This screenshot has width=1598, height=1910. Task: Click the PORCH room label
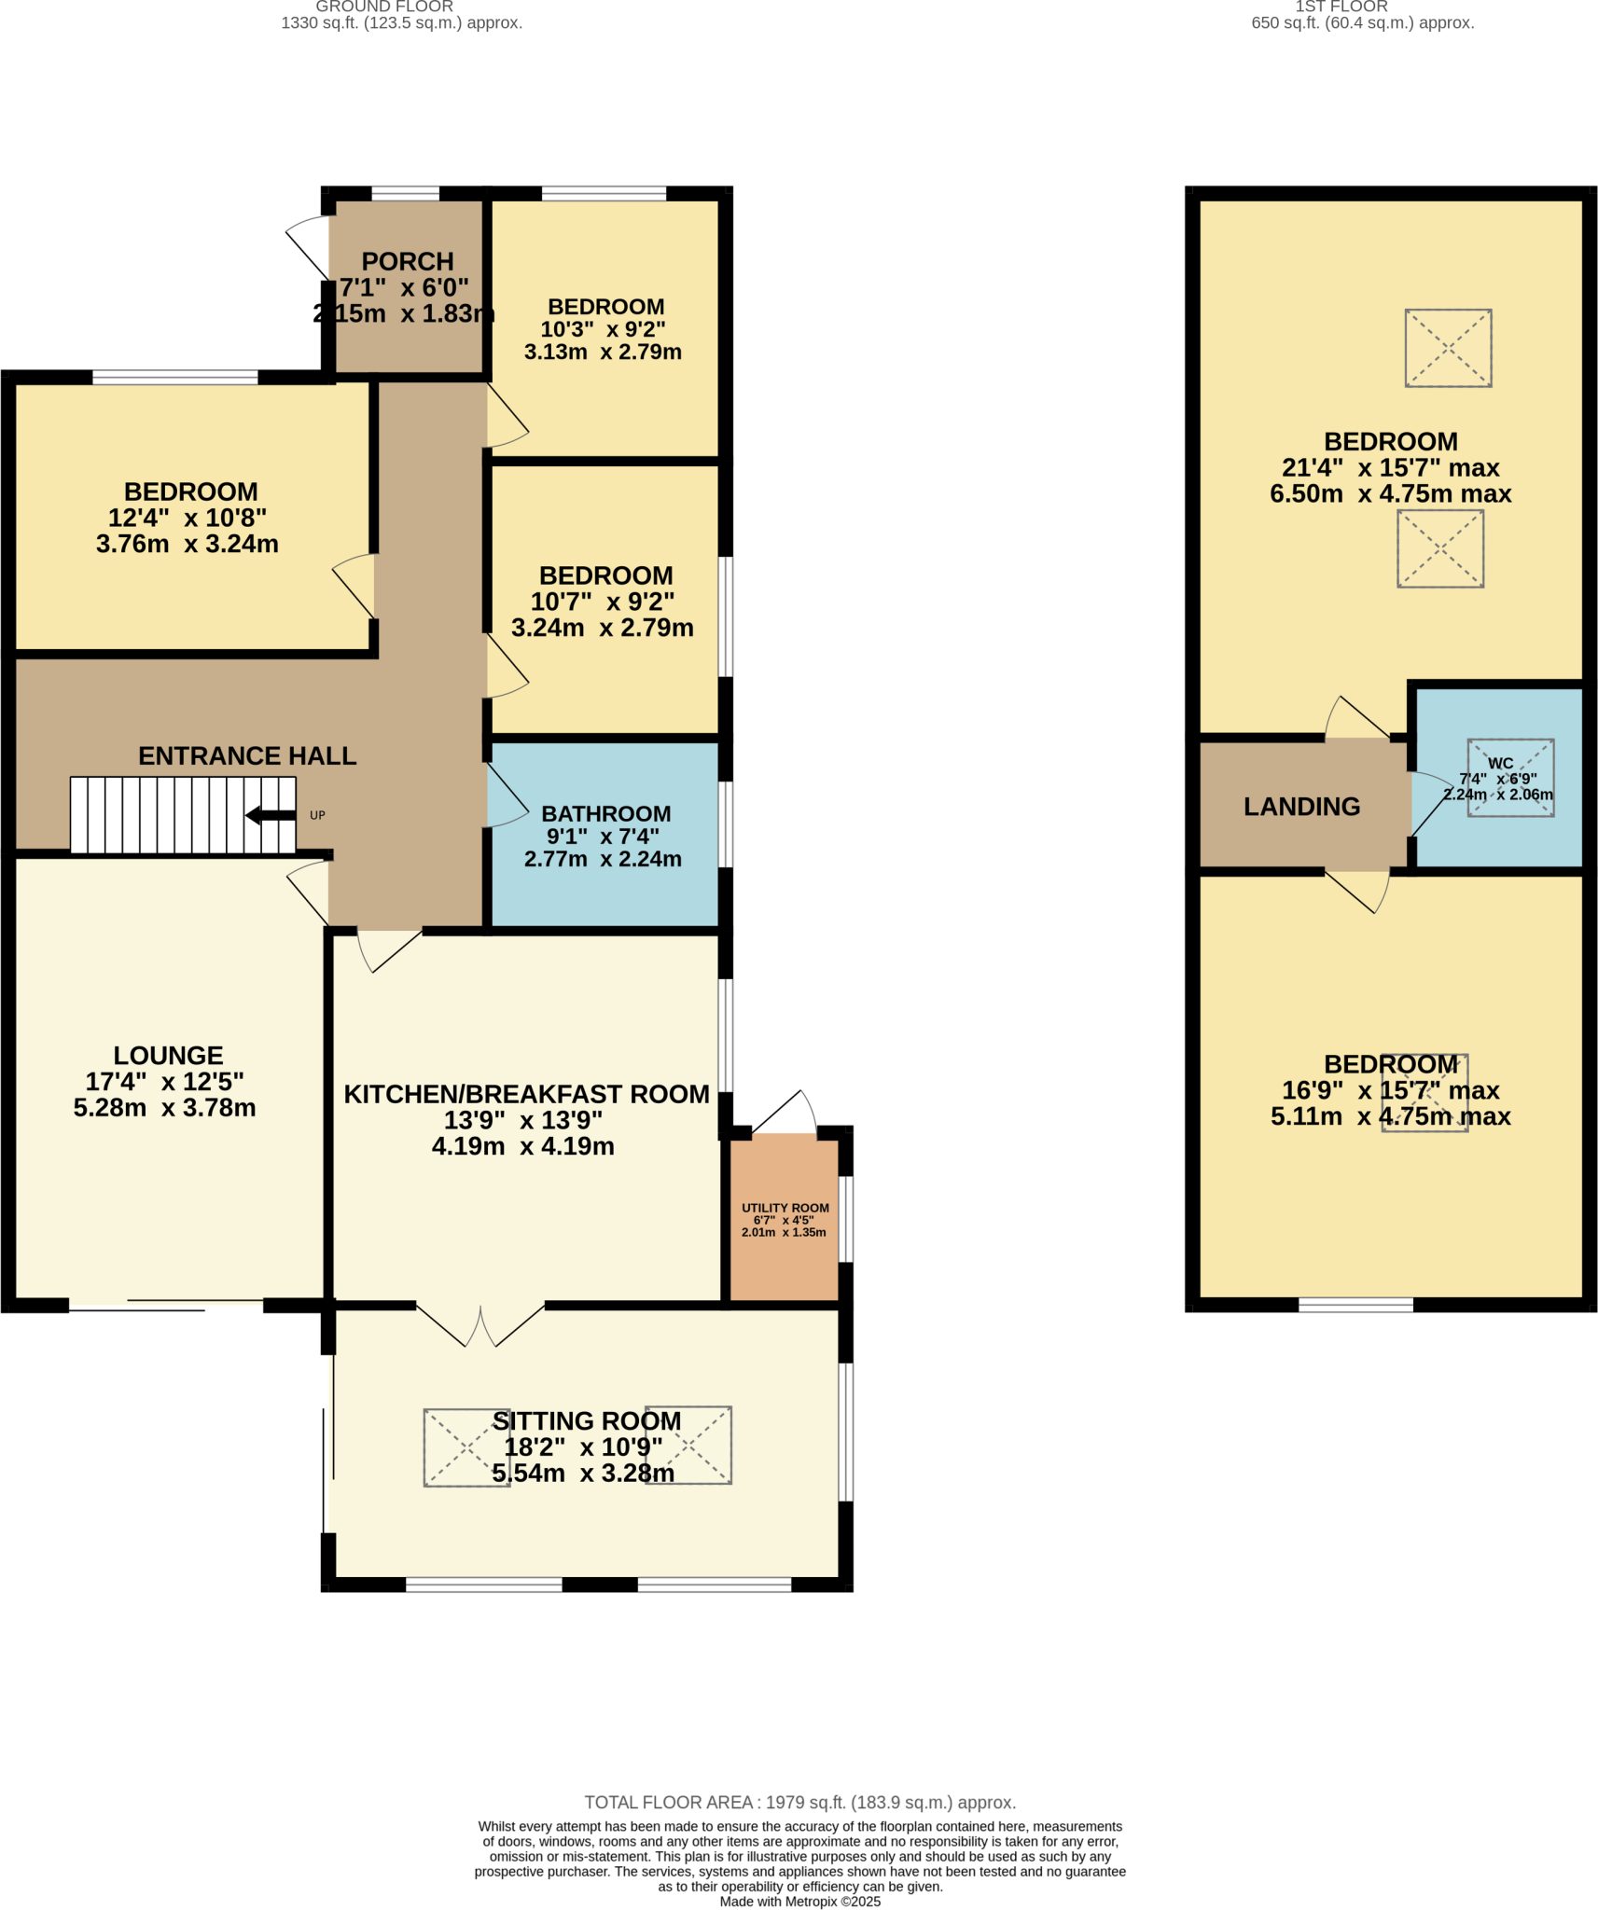[408, 262]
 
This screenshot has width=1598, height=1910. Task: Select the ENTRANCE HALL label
[247, 755]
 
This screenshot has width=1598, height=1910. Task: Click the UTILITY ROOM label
[785, 1208]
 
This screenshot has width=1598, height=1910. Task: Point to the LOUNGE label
[168, 1056]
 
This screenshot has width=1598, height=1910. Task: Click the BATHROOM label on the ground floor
[605, 814]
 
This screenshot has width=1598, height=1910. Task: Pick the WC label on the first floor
[1500, 763]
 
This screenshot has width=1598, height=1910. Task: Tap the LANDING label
[1301, 807]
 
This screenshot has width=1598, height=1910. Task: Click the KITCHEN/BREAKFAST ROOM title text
[526, 1094]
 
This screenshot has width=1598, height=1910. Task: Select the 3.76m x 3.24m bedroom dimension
[187, 544]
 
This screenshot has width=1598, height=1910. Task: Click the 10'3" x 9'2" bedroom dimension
[603, 329]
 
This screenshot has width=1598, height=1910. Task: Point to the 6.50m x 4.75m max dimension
[1390, 493]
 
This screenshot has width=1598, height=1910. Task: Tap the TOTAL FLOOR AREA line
[799, 1803]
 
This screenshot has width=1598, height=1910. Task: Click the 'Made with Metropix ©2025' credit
[799, 1902]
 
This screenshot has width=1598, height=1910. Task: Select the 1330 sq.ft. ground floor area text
[401, 23]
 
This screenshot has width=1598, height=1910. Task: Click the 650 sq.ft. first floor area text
[1362, 23]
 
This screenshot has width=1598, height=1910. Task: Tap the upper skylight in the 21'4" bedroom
[1448, 348]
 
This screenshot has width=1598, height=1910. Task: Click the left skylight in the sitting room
[466, 1446]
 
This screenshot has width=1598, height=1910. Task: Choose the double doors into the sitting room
[479, 1325]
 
